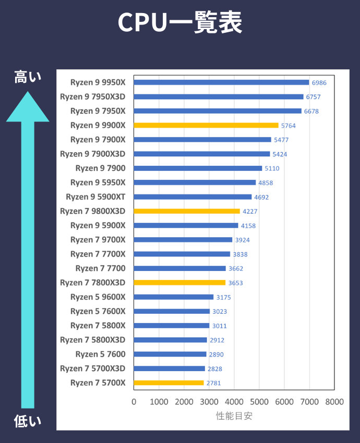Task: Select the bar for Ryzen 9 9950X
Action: pyautogui.click(x=221, y=82)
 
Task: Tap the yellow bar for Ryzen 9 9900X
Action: pyautogui.click(x=206, y=125)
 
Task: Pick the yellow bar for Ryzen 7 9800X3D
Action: pyautogui.click(x=187, y=211)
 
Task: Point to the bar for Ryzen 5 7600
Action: pyautogui.click(x=170, y=354)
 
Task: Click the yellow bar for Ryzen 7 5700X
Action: pyautogui.click(x=169, y=383)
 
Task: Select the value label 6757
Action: pyautogui.click(x=313, y=97)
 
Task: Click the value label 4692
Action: pyautogui.click(x=261, y=197)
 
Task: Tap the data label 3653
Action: pyautogui.click(x=235, y=283)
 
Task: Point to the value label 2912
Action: pyautogui.click(x=217, y=340)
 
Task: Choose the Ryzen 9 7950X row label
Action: pyautogui.click(x=98, y=111)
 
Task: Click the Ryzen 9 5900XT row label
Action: pyautogui.click(x=95, y=197)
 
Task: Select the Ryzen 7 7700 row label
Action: pyautogui.click(x=100, y=268)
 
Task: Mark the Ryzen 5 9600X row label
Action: pyautogui.click(x=98, y=297)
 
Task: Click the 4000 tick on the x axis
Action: pyautogui.click(x=234, y=402)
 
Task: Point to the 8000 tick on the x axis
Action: pyautogui.click(x=334, y=402)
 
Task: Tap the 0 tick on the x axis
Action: pyautogui.click(x=134, y=402)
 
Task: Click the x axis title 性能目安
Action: pyautogui.click(x=234, y=416)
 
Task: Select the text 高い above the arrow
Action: pyautogui.click(x=28, y=78)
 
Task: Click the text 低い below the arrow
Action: pyautogui.click(x=28, y=421)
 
